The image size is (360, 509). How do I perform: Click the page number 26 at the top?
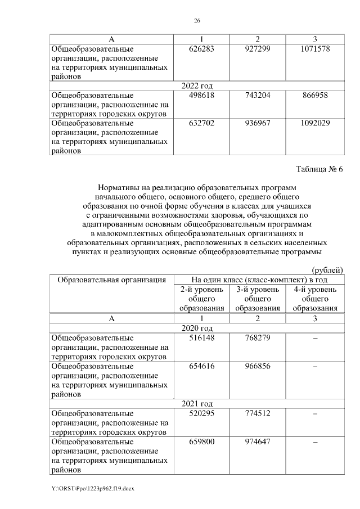click(x=197, y=21)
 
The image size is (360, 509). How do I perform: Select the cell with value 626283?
click(x=202, y=49)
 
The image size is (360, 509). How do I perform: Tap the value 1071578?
click(x=315, y=49)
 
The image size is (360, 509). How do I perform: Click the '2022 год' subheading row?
click(x=197, y=85)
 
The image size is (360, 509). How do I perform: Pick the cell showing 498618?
click(x=202, y=96)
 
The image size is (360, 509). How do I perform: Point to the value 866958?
click(x=315, y=96)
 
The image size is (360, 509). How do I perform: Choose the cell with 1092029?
click(x=315, y=123)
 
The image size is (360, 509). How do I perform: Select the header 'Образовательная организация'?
click(x=111, y=279)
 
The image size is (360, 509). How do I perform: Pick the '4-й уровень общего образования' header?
click(x=315, y=298)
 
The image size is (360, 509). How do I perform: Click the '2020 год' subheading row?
click(x=197, y=328)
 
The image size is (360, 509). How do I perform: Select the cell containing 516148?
click(x=202, y=338)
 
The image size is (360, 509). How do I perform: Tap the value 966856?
click(x=258, y=366)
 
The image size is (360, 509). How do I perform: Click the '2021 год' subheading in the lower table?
click(x=197, y=403)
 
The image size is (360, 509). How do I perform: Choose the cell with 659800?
click(x=202, y=441)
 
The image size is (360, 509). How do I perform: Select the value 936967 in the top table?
click(x=258, y=123)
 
